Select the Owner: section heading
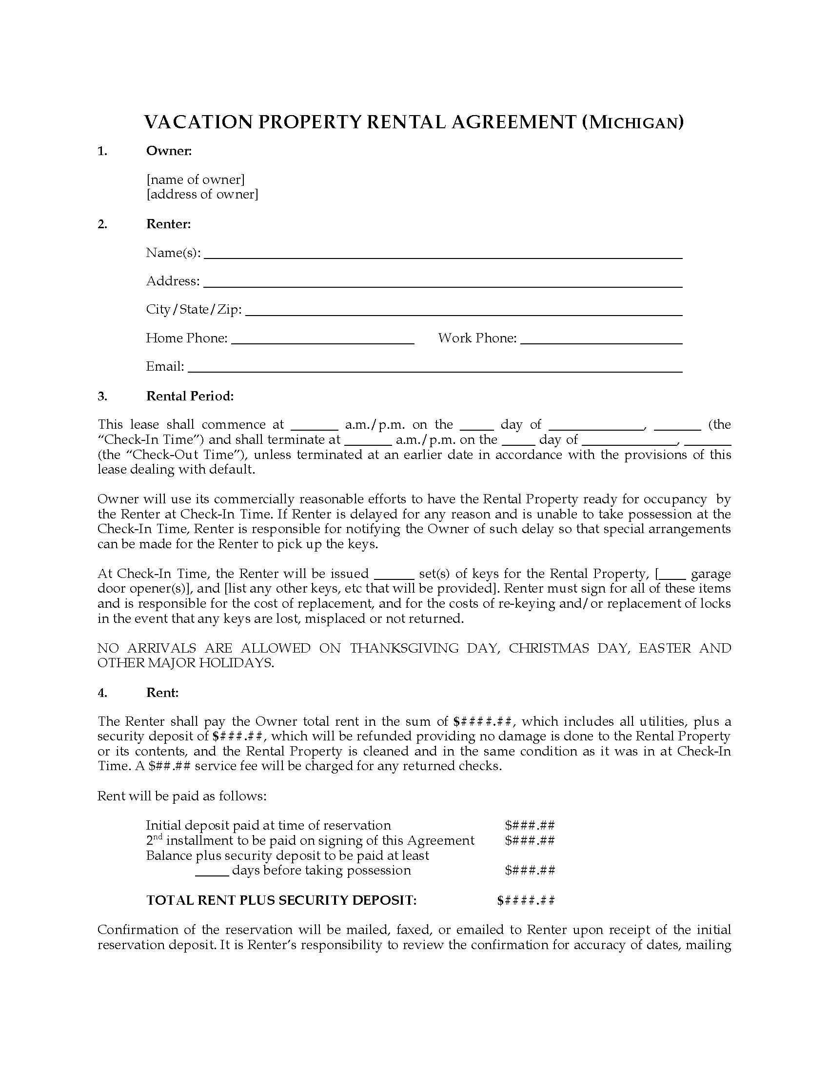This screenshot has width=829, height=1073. pos(168,151)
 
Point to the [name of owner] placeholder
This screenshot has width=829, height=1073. pos(196,179)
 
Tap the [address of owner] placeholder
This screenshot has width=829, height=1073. pos(202,194)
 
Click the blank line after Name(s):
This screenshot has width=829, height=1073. pos(442,255)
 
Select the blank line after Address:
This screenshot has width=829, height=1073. pos(442,283)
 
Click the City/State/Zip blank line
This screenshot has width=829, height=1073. pos(463,312)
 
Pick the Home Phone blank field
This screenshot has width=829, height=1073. pos(323,340)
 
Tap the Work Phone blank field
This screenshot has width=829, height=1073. pos(601,340)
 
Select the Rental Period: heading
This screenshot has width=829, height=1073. pos(190,396)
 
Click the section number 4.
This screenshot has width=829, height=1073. pos(102,693)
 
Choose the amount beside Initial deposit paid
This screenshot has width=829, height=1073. pos(530,825)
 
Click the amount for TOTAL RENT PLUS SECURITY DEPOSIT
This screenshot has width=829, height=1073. pos(526,900)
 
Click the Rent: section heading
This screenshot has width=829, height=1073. pos(162,693)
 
